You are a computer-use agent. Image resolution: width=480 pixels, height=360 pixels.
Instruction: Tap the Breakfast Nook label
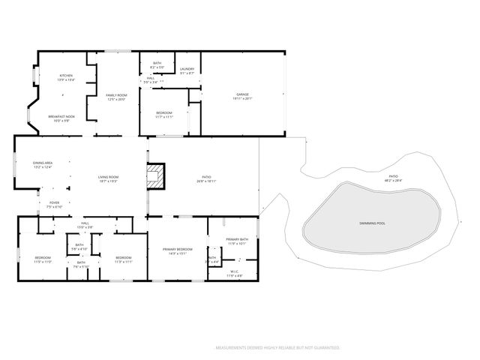coord(61,117)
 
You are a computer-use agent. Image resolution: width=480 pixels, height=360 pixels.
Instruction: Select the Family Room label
coord(115,96)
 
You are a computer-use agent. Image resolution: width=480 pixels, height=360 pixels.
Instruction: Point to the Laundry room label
coord(187,69)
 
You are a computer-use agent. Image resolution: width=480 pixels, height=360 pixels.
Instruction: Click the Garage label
coord(242,94)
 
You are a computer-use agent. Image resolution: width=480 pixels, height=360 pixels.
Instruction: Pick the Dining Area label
coord(42,163)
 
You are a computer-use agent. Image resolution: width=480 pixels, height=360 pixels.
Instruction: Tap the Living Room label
coord(108,177)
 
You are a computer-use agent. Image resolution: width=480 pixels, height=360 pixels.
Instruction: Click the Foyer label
coord(54,202)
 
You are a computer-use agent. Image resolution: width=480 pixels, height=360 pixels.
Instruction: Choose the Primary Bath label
coord(237,239)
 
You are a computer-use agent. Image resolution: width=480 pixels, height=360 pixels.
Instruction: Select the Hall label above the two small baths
coord(85,223)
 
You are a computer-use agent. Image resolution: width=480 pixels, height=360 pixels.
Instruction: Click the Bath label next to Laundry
coord(157,64)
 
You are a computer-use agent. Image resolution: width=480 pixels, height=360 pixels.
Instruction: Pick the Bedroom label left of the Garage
coord(163,112)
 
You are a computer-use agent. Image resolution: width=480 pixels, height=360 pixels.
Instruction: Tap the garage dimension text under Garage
coord(242,98)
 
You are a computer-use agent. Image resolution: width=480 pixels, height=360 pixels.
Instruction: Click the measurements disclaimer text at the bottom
coord(277,348)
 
